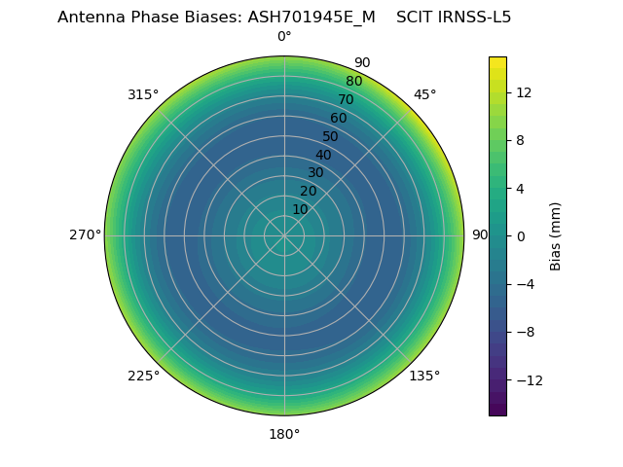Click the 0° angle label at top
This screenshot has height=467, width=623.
[x=284, y=37]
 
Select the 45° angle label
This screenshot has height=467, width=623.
[x=424, y=94]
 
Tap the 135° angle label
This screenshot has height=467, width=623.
[x=424, y=377]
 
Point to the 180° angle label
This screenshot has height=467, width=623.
[x=284, y=434]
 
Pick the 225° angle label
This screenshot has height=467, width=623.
[x=143, y=377]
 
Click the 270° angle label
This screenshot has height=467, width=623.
[x=85, y=235]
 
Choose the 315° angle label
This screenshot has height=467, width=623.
[x=143, y=94]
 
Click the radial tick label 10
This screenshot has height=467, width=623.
[x=300, y=209]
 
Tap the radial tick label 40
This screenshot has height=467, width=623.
[x=323, y=155]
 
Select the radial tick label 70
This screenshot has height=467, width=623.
[x=346, y=99]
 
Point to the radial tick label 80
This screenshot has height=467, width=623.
[x=353, y=81]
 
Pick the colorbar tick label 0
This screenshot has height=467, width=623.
[x=520, y=235]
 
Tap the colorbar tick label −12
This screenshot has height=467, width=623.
[x=526, y=379]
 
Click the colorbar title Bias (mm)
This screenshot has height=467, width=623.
[x=556, y=235]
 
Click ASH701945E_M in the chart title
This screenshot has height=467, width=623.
[x=311, y=17]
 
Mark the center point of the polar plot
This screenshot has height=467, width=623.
[x=284, y=235]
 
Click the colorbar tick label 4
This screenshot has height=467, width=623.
[x=520, y=188]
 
